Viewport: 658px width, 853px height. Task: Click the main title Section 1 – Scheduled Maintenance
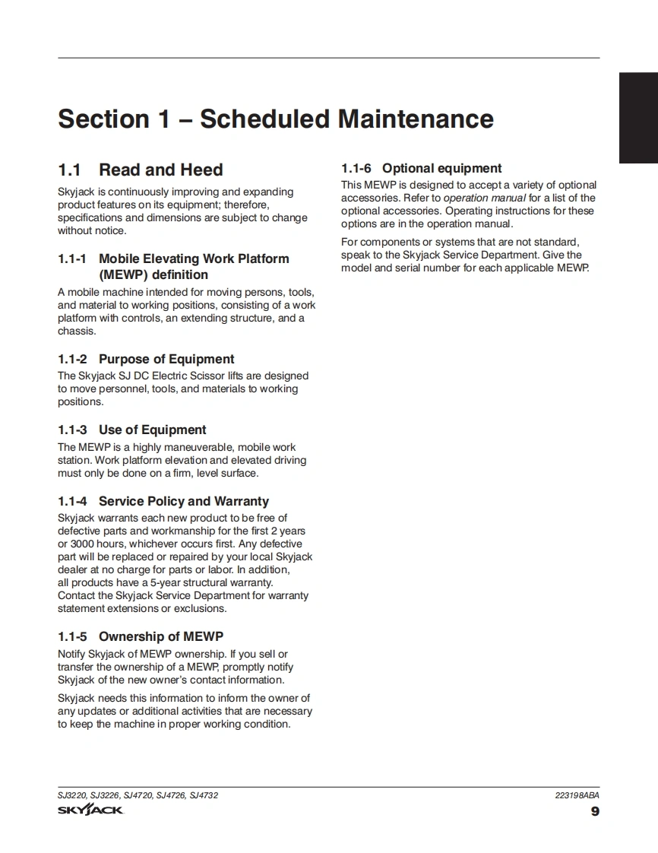275,119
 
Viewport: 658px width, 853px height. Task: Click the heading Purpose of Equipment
166,360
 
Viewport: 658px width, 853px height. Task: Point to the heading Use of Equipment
152,430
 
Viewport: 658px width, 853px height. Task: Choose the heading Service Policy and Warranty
183,502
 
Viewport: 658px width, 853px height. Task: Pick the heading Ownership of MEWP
160,637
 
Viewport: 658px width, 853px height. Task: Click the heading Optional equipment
441,169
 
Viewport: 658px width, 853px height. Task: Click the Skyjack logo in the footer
90,810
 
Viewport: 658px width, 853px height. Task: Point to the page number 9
595,811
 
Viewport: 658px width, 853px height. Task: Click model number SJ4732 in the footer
204,795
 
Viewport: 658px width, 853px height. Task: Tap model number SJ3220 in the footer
72,795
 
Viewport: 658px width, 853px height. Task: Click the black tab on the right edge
638,118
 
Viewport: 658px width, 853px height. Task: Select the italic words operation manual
484,198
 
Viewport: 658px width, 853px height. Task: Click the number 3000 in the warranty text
83,544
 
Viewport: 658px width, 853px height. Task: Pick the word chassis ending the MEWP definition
76,331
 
